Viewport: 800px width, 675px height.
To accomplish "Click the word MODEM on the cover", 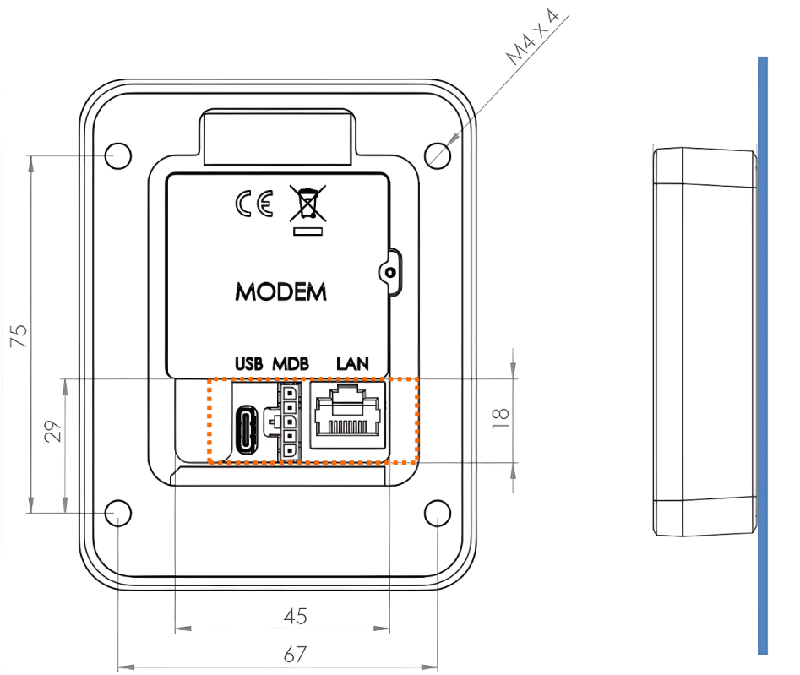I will click(280, 292).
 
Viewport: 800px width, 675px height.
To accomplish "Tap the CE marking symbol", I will click(254, 204).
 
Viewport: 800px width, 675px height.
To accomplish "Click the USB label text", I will click(249, 364).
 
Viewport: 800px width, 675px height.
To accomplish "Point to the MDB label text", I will click(290, 364).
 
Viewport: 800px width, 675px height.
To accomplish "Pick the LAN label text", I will click(353, 364).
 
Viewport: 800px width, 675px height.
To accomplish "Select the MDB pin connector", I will click(288, 422).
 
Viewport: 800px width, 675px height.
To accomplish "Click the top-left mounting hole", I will click(119, 155).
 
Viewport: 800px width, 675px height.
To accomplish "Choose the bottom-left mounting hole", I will click(117, 513).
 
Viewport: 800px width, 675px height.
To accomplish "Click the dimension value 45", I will click(295, 616).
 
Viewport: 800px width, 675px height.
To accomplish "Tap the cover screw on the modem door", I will click(389, 272).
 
